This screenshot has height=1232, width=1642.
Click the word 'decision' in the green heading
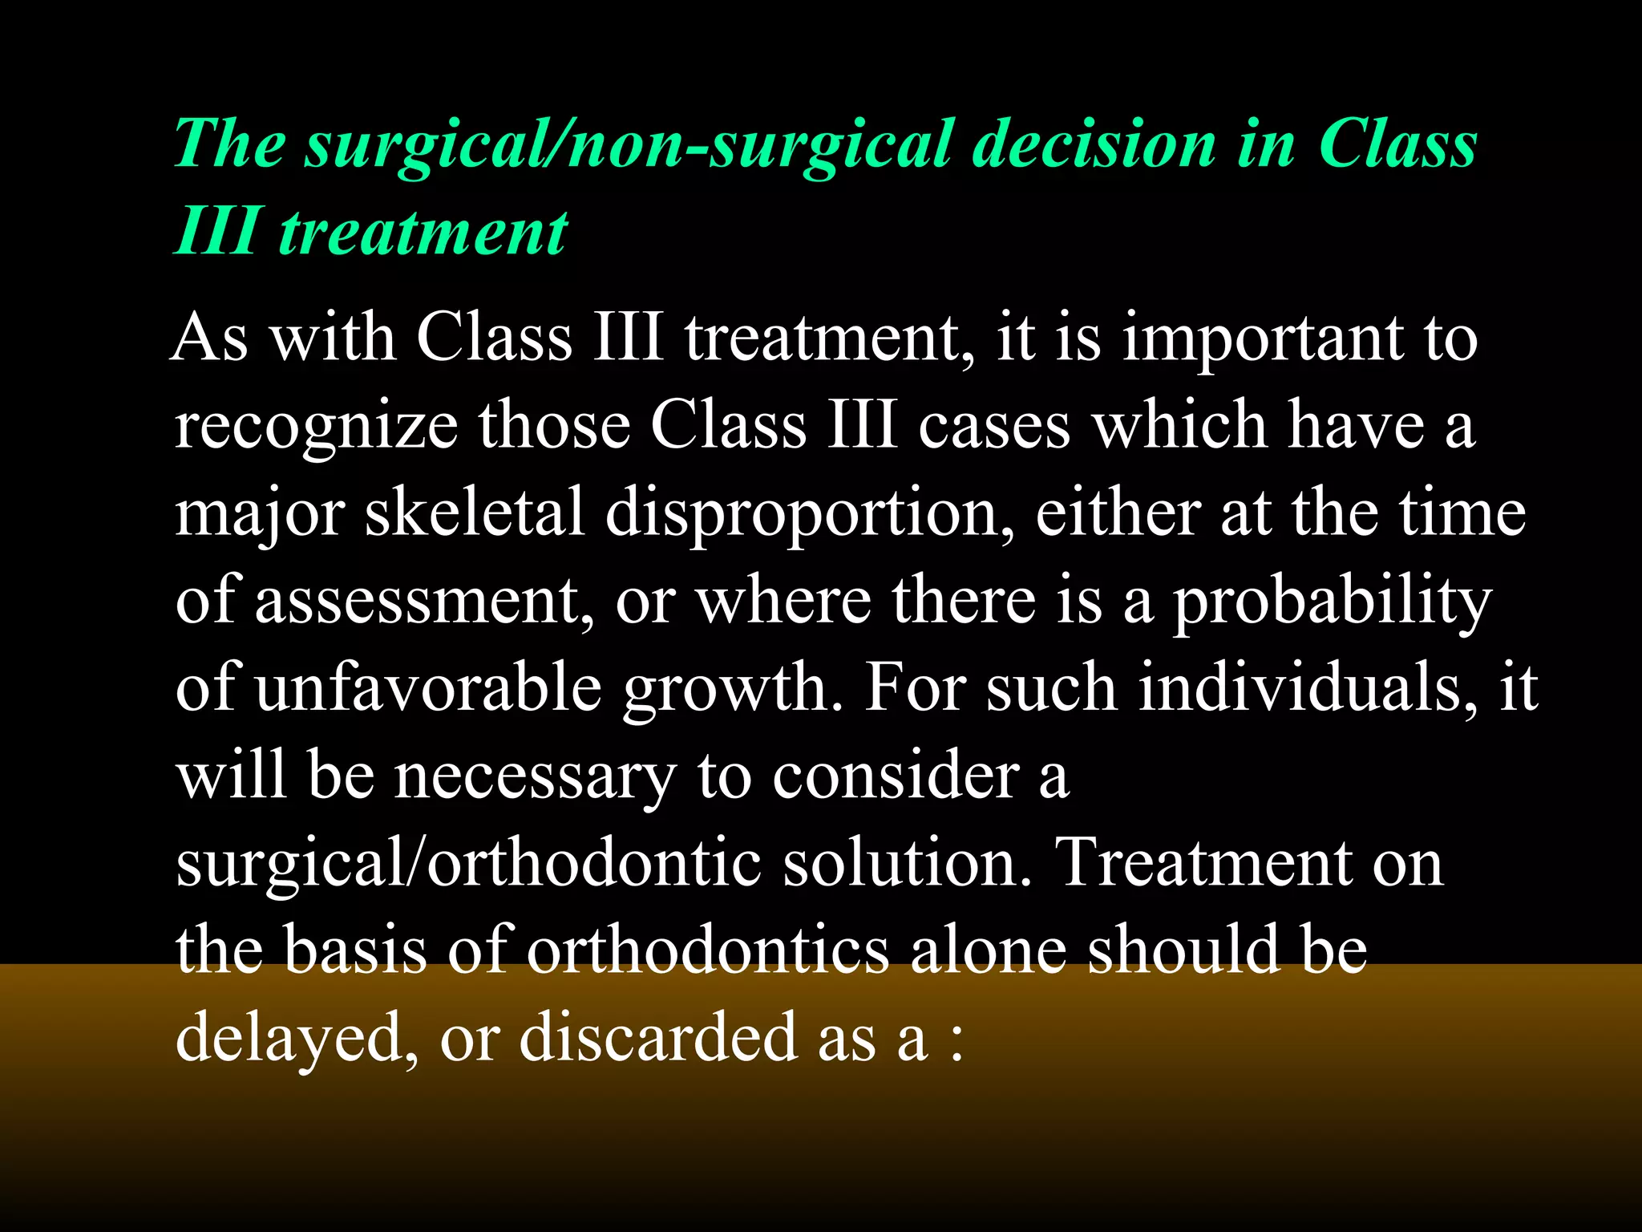pyautogui.click(x=1094, y=145)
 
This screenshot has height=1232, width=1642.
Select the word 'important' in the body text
pyautogui.click(x=1263, y=338)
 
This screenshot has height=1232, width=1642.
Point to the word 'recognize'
pyautogui.click(x=316, y=426)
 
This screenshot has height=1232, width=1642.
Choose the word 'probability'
pyautogui.click(x=1332, y=601)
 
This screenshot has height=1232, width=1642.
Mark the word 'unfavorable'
pyautogui.click(x=428, y=688)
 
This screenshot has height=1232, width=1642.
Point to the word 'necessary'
pyautogui.click(x=535, y=776)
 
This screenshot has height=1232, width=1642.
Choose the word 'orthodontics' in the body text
pyautogui.click(x=708, y=950)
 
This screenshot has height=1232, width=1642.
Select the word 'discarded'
pyautogui.click(x=658, y=1038)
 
